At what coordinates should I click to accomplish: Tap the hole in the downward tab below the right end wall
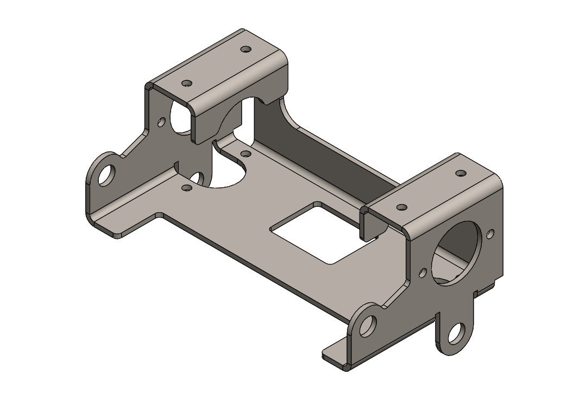pyautogui.click(x=456, y=333)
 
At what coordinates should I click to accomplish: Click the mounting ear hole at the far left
pyautogui.click(x=107, y=175)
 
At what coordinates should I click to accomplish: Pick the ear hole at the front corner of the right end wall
pyautogui.click(x=368, y=325)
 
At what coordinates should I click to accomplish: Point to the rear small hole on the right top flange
pyautogui.click(x=461, y=173)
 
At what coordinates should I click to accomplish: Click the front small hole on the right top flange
pyautogui.click(x=402, y=207)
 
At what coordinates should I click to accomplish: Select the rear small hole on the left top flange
pyautogui.click(x=246, y=49)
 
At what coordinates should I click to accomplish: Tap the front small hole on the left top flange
pyautogui.click(x=187, y=84)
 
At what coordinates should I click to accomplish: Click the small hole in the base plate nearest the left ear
pyautogui.click(x=186, y=188)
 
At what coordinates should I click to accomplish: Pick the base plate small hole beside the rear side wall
pyautogui.click(x=245, y=154)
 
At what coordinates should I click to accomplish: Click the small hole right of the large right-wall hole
pyautogui.click(x=490, y=234)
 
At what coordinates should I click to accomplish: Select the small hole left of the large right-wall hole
pyautogui.click(x=423, y=272)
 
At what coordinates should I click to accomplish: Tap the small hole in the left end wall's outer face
pyautogui.click(x=161, y=122)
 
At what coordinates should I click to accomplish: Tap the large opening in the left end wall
pyautogui.click(x=181, y=117)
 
